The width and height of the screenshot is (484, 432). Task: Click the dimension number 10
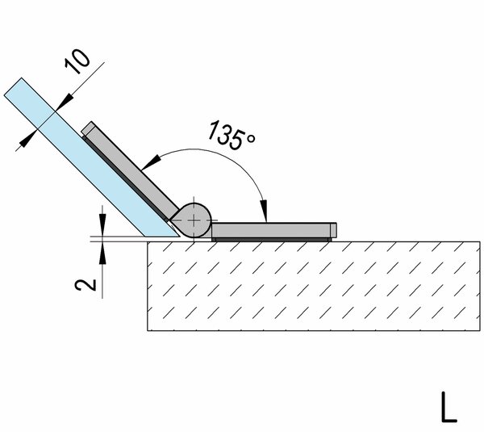[77, 62]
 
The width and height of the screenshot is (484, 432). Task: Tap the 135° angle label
[232, 136]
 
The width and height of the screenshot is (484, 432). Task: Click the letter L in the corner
[449, 407]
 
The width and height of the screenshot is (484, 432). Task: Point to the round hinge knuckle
[193, 220]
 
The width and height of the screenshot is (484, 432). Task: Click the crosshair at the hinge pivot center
[194, 220]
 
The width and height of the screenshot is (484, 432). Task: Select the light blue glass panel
[92, 157]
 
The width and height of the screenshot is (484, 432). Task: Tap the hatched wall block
[314, 286]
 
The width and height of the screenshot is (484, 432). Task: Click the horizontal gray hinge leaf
[273, 230]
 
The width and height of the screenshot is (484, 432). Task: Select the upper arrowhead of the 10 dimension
[65, 103]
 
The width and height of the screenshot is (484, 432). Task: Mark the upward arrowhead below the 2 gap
[102, 253]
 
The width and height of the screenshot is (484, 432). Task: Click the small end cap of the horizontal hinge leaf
[333, 230]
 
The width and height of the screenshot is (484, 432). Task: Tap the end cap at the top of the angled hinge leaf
[89, 128]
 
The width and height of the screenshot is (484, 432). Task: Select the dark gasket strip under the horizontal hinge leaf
[271, 240]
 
